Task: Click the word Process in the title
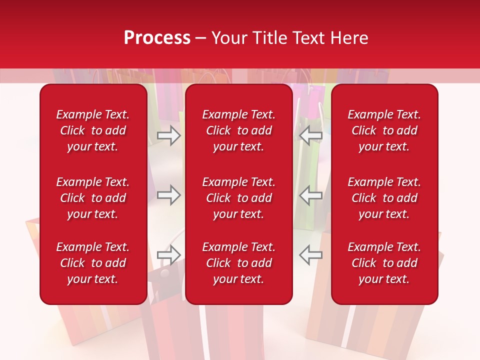coord(157,38)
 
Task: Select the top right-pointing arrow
coord(168,134)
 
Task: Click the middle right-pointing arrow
coord(168,195)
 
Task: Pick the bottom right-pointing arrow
coord(168,255)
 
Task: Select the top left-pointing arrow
coord(310,134)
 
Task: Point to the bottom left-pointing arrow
coord(310,255)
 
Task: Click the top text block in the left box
coord(93,130)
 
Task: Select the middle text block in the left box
coord(93,198)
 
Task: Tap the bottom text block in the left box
coord(93,263)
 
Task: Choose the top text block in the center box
coord(238,130)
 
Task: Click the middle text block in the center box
coord(238,198)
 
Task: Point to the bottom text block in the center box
coord(238,263)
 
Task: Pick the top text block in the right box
coord(384,130)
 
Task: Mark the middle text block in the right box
coord(384,198)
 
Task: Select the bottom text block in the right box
coord(384,263)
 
